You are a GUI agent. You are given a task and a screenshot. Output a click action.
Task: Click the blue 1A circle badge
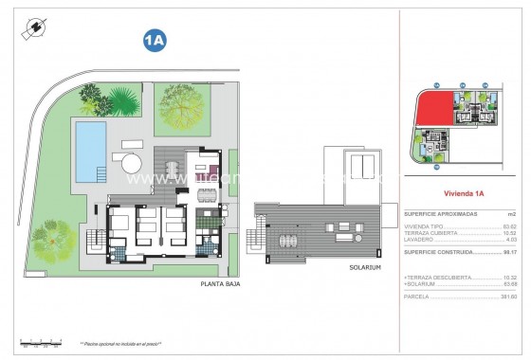click(155, 40)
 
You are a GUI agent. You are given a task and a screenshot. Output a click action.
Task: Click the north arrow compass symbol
click(34, 29)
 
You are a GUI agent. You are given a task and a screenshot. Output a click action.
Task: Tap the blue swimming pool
click(90, 150)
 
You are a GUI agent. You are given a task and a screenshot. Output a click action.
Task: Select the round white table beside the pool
click(131, 163)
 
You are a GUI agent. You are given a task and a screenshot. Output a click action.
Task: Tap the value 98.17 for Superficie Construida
click(508, 252)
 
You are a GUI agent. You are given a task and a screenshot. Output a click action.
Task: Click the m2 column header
click(512, 214)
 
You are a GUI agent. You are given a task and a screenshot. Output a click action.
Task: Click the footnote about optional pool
click(120, 343)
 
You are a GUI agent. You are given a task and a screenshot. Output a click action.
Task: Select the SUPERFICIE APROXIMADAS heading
click(441, 214)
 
